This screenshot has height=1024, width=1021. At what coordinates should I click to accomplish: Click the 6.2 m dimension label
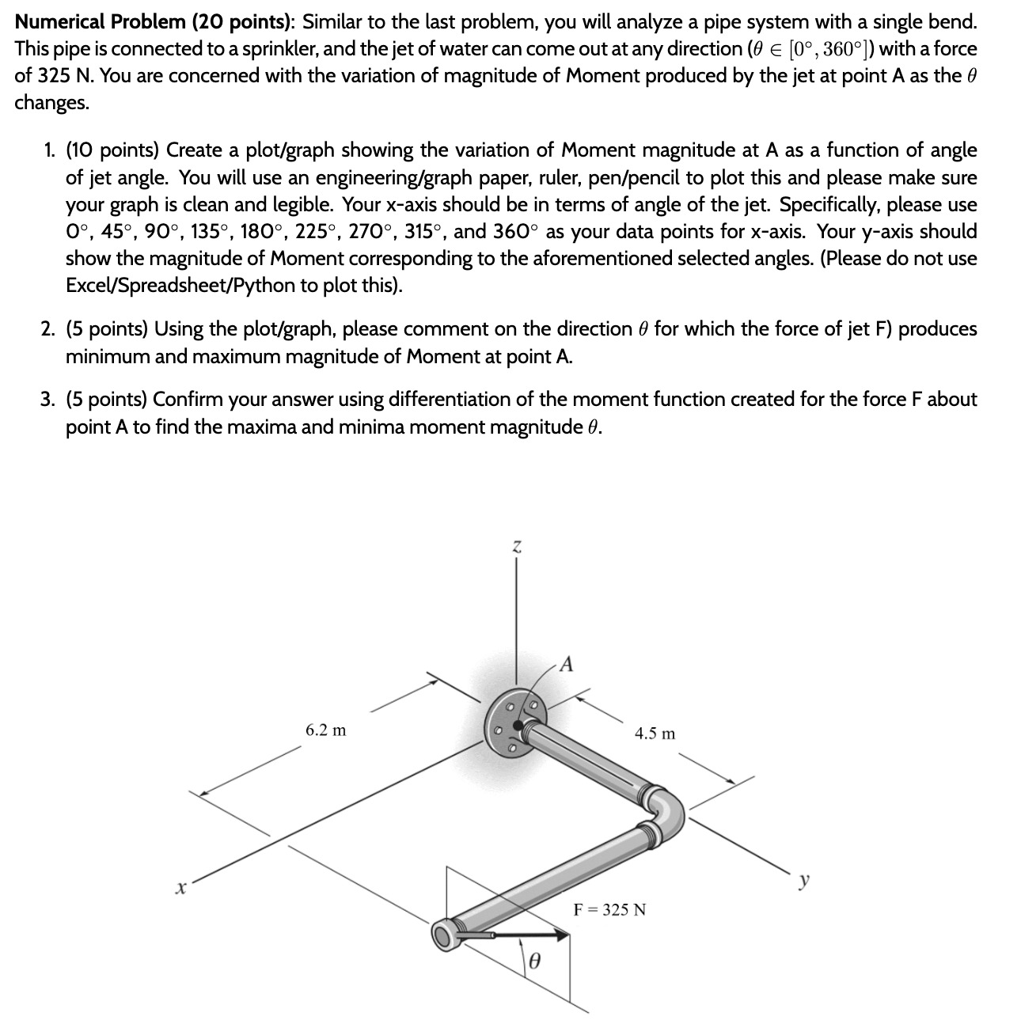pos(325,730)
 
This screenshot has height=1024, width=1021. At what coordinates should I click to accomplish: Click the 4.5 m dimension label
pos(655,734)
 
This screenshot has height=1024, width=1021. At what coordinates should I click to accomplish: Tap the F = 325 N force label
pos(609,909)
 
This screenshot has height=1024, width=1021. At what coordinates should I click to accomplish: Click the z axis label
pos(516,545)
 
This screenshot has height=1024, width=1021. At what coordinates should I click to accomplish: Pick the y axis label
pos(805,879)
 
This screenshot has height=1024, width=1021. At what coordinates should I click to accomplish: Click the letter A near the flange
pos(566,663)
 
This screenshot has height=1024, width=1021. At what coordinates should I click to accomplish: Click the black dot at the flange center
pos(518,724)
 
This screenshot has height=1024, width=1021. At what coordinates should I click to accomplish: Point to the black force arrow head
pos(560,935)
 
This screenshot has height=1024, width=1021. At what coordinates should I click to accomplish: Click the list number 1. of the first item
pos(50,150)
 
